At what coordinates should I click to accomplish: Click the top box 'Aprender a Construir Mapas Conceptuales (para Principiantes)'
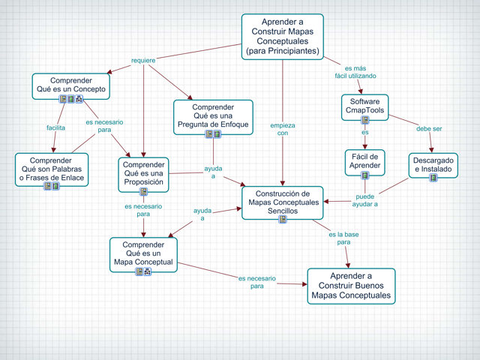coord(283,37)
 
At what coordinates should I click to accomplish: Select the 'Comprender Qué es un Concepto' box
coord(71,86)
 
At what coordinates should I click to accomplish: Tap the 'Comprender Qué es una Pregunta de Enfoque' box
coord(213,117)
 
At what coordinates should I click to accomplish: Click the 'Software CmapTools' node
coord(365,107)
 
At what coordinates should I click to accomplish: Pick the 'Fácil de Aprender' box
coord(365,162)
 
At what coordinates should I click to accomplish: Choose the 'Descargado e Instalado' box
coord(433,165)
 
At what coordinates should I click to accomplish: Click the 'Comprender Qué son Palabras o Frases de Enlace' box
coord(52,169)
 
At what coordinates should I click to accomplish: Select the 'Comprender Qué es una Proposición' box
coord(143,175)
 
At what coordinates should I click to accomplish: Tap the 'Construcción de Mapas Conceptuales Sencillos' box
coord(283,202)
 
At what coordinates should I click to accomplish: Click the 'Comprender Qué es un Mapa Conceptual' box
coord(143,254)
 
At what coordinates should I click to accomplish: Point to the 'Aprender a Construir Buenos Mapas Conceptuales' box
coord(351,286)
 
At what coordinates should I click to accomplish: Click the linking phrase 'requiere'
coord(143,60)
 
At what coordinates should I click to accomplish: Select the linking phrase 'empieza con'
coord(283,129)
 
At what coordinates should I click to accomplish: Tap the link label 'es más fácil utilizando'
coord(355,72)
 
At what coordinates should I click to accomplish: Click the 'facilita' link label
coord(55,127)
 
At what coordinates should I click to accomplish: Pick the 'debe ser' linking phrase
coord(429,129)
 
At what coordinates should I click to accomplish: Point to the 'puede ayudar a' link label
coord(365,200)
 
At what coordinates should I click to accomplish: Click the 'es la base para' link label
coord(343,238)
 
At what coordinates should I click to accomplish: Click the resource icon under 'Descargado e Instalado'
coord(433,178)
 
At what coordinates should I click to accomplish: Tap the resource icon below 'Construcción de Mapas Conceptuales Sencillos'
coord(283,219)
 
